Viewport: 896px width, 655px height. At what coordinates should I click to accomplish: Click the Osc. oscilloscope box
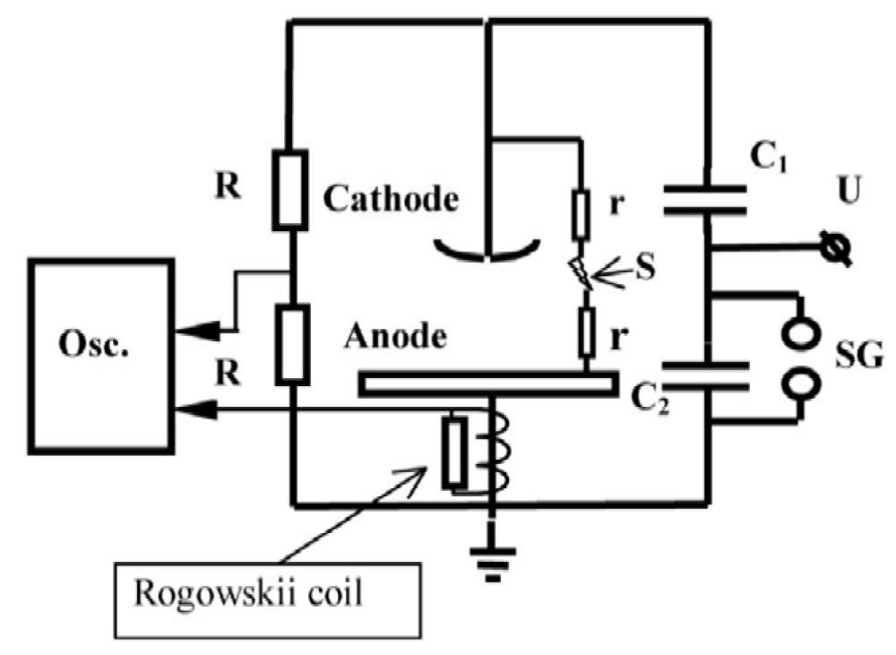(102, 357)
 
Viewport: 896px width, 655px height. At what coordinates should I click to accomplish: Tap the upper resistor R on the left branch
(290, 190)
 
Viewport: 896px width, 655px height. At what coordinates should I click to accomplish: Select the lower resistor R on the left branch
(293, 345)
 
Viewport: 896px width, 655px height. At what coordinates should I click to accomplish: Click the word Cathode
(391, 198)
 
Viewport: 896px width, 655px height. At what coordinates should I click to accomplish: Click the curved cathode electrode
(487, 254)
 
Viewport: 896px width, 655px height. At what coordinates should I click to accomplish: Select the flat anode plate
(488, 384)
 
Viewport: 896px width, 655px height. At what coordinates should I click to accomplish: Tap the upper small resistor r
(582, 215)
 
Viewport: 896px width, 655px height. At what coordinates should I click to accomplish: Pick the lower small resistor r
(586, 332)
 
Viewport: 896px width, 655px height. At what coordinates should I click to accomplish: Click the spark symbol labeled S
(582, 274)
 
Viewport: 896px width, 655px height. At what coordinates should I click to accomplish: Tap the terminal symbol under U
(836, 247)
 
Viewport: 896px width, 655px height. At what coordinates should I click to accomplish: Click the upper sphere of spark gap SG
(801, 332)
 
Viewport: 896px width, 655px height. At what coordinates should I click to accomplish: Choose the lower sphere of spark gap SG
(802, 384)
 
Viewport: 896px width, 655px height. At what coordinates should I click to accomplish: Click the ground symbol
(493, 563)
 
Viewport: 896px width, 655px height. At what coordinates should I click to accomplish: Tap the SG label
(859, 354)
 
